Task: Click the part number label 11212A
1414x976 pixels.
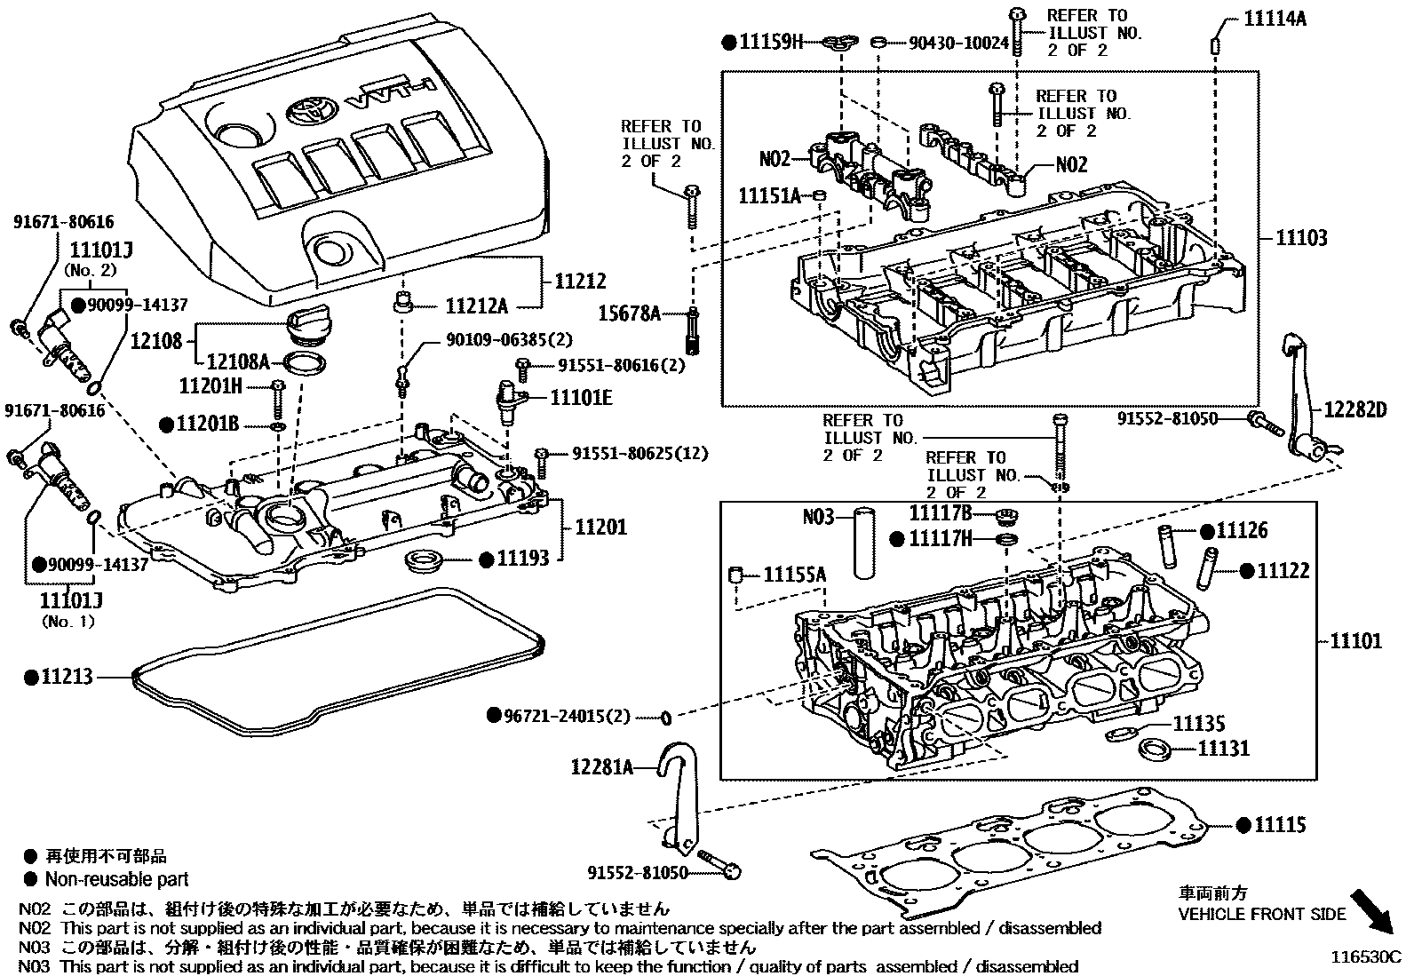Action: point(476,307)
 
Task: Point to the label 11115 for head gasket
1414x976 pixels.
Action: point(1280,825)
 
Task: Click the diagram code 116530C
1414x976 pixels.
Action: point(1364,957)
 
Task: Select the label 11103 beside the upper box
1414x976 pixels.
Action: point(1302,237)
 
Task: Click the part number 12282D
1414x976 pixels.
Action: point(1354,409)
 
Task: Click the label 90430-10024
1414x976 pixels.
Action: point(959,42)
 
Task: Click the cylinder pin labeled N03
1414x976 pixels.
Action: point(863,540)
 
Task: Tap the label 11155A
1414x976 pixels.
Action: point(794,575)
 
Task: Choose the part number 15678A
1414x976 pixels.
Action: point(630,313)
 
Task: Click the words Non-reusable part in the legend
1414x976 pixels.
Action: point(116,879)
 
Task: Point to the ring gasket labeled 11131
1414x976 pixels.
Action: point(1154,749)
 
